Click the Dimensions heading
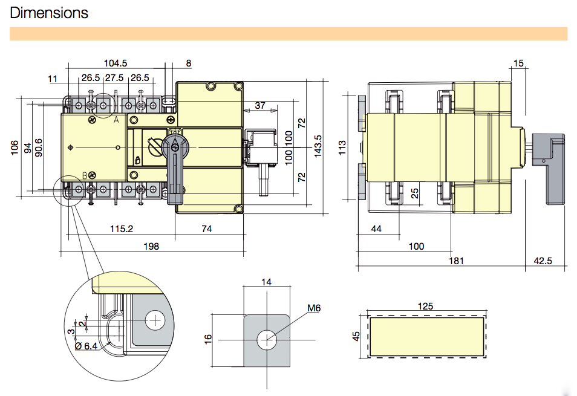(49, 13)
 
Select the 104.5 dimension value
(116, 63)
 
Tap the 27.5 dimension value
(114, 78)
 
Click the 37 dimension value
(260, 106)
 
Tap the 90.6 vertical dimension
(39, 148)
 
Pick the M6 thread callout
(313, 308)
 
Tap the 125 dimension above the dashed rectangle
(426, 307)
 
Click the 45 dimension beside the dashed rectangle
(357, 336)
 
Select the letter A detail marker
(116, 120)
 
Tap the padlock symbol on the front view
(138, 160)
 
